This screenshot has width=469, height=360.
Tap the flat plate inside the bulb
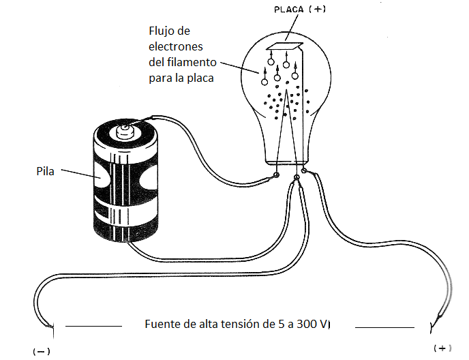pos(284,47)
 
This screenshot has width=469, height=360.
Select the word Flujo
pos(162,31)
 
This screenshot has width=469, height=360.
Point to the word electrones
pos(175,47)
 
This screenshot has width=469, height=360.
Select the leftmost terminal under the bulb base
pos(276,177)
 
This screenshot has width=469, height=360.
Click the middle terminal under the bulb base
pos(296,179)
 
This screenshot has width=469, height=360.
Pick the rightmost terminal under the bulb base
pos(305,171)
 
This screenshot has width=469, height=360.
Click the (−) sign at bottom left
pos(42,351)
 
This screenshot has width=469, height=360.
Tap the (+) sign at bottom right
pos(444,348)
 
